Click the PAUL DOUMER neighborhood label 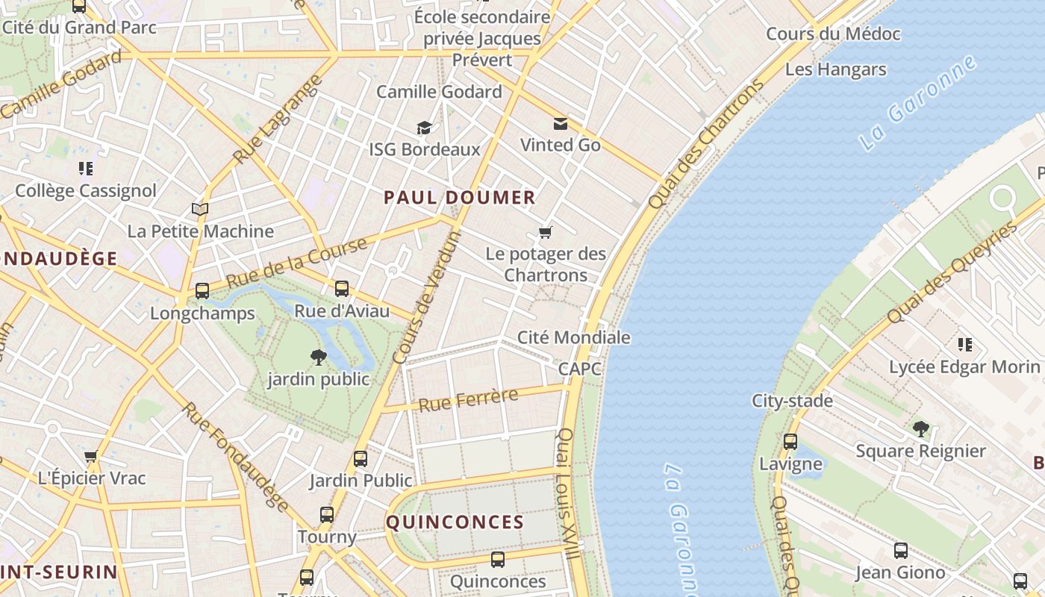[459, 198]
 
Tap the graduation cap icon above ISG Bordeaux [424, 128]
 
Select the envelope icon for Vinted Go [560, 124]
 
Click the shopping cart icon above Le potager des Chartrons [546, 233]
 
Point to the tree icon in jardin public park [319, 357]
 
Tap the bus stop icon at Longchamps [202, 291]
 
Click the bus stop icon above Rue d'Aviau [342, 288]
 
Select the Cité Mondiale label [573, 337]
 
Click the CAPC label [579, 369]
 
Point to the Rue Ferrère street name [468, 401]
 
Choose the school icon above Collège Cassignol [86, 169]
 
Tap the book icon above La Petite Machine [199, 209]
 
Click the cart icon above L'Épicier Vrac [91, 456]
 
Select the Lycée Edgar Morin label [964, 367]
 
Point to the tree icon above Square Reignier [920, 428]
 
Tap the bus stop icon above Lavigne [790, 442]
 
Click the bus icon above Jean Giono [901, 551]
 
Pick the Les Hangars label [835, 69]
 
